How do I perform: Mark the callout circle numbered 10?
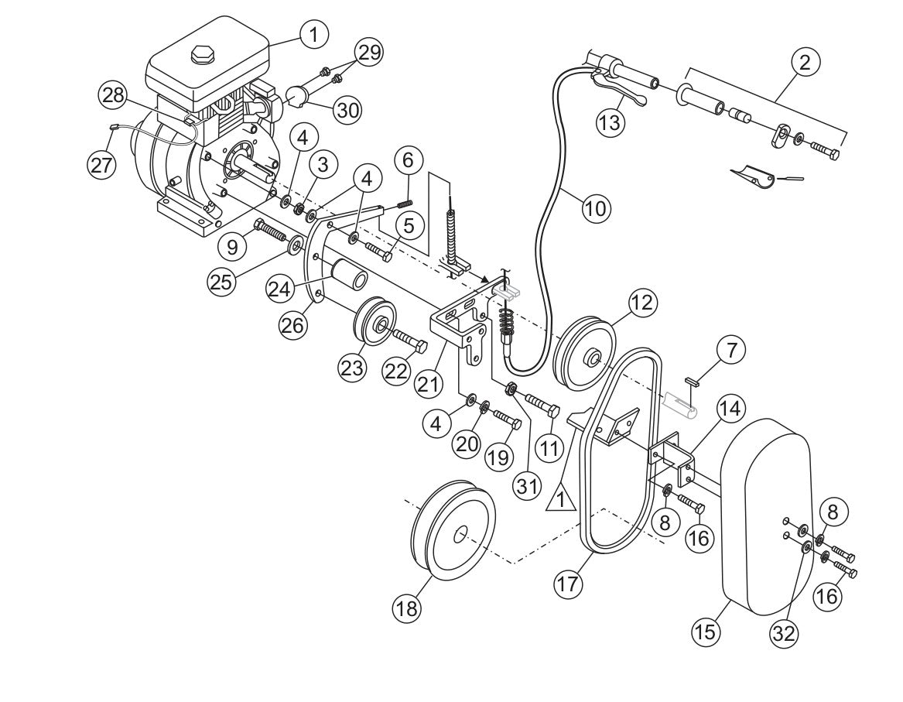(596, 207)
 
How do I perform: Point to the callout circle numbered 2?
(804, 62)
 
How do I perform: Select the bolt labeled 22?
(410, 341)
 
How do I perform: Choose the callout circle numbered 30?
(347, 110)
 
